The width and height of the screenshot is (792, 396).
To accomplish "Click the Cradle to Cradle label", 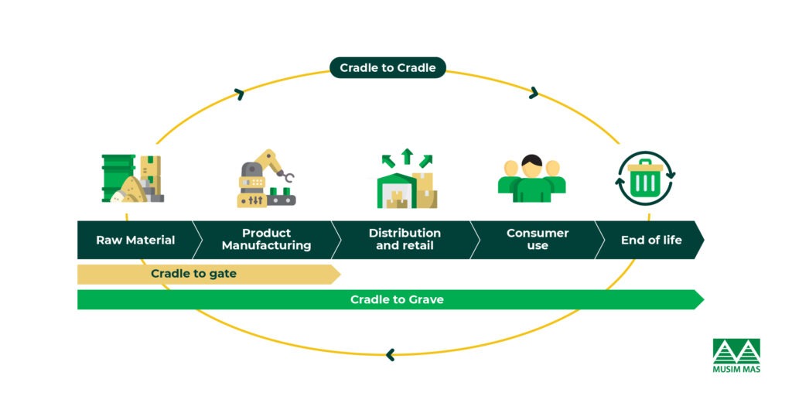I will click(387, 67).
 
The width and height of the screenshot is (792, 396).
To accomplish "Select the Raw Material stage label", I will click(135, 240).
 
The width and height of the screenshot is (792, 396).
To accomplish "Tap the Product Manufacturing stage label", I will click(266, 240).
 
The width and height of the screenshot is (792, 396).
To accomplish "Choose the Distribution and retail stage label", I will click(405, 240).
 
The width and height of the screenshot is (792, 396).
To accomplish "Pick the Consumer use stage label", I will click(537, 240).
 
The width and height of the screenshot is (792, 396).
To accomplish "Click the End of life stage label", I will click(651, 240).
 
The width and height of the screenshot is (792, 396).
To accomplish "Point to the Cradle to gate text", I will click(193, 274).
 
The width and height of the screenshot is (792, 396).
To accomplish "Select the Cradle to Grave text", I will click(397, 299).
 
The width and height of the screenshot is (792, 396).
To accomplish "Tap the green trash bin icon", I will click(644, 179).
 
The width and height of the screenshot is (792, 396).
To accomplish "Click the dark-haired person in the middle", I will click(531, 179).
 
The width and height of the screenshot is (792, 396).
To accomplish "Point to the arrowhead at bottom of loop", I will click(390, 355).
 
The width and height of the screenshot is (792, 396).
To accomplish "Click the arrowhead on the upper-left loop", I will click(239, 94).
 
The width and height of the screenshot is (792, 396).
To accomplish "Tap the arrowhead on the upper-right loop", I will click(533, 93).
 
